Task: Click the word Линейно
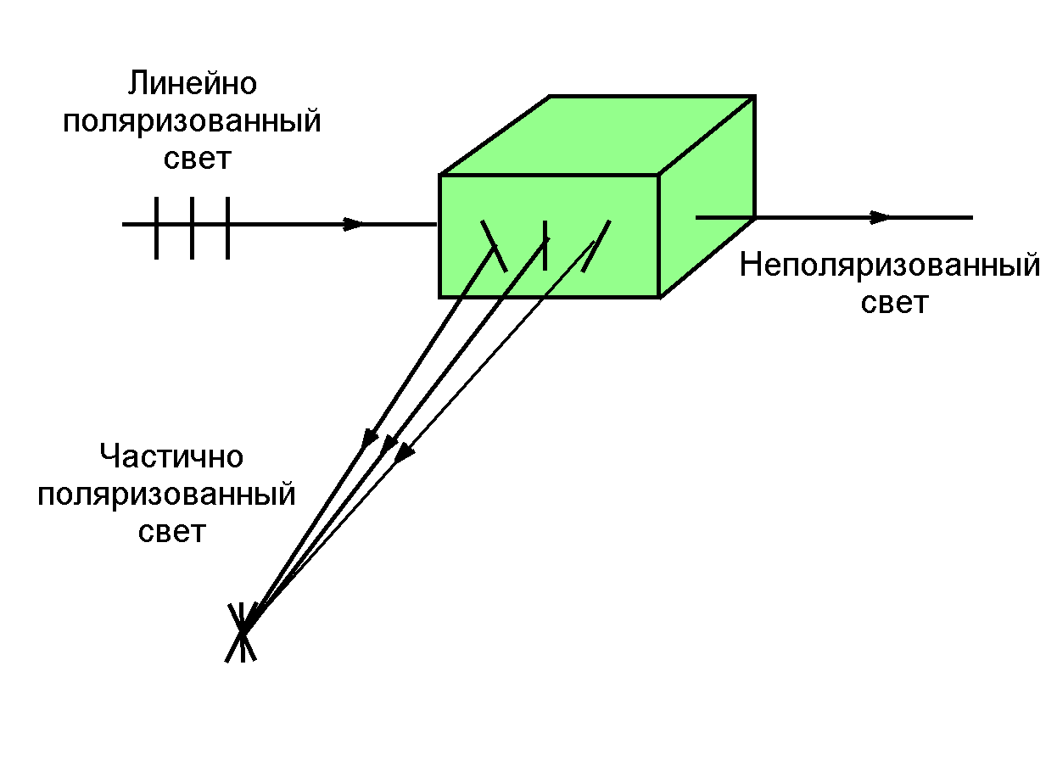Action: pyautogui.click(x=192, y=84)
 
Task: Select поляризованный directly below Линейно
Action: pyautogui.click(x=192, y=121)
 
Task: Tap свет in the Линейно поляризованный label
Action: pyautogui.click(x=197, y=159)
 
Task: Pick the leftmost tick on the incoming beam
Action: pyautogui.click(x=157, y=227)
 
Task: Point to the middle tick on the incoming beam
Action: pyautogui.click(x=193, y=227)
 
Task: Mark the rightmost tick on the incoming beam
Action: pyautogui.click(x=228, y=227)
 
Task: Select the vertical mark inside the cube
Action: pyautogui.click(x=545, y=243)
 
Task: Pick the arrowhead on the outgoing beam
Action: pyautogui.click(x=882, y=217)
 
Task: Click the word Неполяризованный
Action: pyautogui.click(x=889, y=266)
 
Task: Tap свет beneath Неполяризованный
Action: pyautogui.click(x=894, y=303)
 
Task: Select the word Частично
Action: pyautogui.click(x=171, y=456)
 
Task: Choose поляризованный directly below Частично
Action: pyautogui.click(x=166, y=494)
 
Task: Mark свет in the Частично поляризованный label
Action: pyautogui.click(x=171, y=532)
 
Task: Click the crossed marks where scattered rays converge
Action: pyautogui.click(x=242, y=632)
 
